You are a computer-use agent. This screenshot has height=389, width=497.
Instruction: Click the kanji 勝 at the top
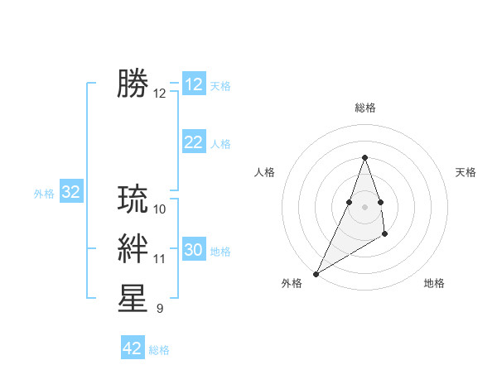pyautogui.click(x=133, y=84)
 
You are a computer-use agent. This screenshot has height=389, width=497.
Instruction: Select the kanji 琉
pyautogui.click(x=133, y=199)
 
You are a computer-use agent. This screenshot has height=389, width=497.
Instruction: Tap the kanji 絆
pyautogui.click(x=133, y=249)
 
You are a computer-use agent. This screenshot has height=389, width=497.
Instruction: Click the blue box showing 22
pyautogui.click(x=193, y=142)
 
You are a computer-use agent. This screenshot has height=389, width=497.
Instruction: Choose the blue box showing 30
pyautogui.click(x=193, y=250)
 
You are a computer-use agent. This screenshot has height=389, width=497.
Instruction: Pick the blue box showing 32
pyautogui.click(x=70, y=193)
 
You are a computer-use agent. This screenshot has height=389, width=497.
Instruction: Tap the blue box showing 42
pyautogui.click(x=133, y=348)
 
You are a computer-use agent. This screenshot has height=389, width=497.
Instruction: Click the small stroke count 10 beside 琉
pyautogui.click(x=160, y=209)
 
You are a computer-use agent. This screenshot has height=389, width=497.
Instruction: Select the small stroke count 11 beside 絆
pyautogui.click(x=160, y=259)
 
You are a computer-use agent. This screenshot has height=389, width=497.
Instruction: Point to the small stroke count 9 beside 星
pyautogui.click(x=160, y=309)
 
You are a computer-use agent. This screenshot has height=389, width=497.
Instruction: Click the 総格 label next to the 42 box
pyautogui.click(x=159, y=350)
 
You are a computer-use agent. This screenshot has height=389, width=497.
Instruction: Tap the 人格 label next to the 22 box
pyautogui.click(x=220, y=144)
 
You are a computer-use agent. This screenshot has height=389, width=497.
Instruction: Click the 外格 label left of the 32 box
pyautogui.click(x=44, y=194)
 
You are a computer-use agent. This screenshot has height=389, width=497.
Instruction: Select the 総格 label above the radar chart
pyautogui.click(x=364, y=108)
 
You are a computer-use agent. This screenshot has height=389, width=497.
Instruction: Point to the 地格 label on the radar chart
pyautogui.click(x=434, y=283)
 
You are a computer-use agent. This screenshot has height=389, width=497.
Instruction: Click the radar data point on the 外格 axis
pyautogui.click(x=316, y=274)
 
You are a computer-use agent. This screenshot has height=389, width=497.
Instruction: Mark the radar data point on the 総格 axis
pyautogui.click(x=364, y=157)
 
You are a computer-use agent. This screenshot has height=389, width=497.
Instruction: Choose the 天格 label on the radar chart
pyautogui.click(x=466, y=172)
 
